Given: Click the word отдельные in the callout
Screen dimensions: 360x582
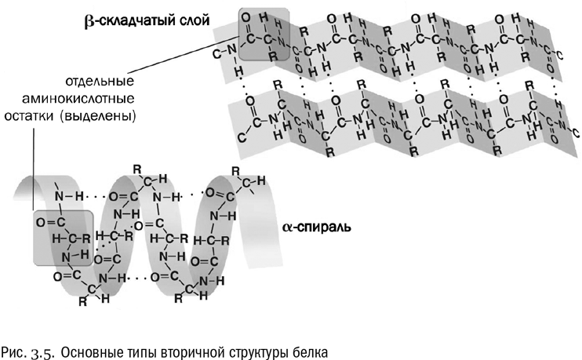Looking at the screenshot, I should click(x=100, y=81).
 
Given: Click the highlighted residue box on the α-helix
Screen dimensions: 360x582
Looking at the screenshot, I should click(x=62, y=237).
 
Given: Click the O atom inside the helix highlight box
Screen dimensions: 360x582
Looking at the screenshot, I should click(x=40, y=222).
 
